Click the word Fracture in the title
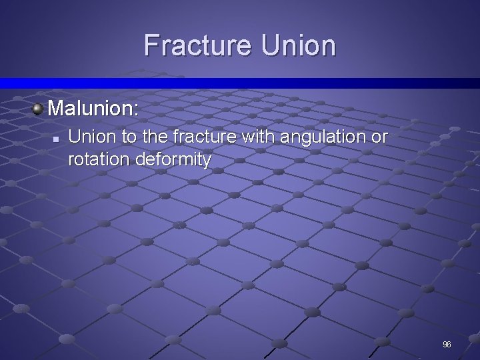pos(197,46)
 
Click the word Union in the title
pos(298,46)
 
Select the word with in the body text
pos(257,137)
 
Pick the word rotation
pos(99,159)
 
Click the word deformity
pos(173,160)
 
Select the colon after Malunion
pos(136,109)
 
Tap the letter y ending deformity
pos(207,161)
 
